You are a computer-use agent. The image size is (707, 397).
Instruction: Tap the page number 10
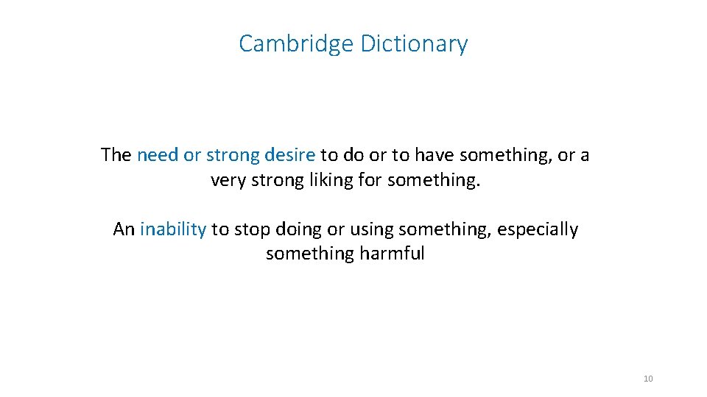click(648, 379)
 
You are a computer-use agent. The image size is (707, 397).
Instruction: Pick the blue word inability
click(173, 229)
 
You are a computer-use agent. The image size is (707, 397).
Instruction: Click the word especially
click(538, 229)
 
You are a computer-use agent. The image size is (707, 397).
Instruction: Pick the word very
click(228, 179)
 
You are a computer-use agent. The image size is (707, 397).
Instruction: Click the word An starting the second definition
click(124, 229)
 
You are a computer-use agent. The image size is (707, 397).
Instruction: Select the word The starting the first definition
click(116, 155)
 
